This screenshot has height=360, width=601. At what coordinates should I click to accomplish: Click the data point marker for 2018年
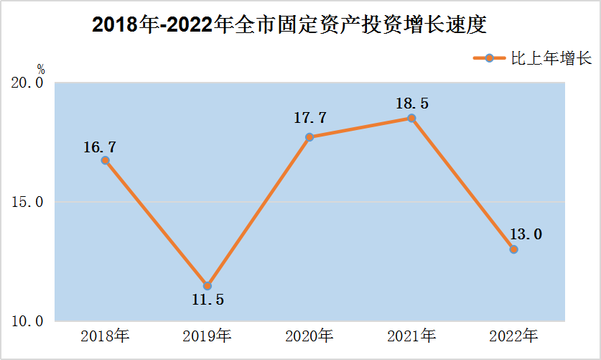click(105, 160)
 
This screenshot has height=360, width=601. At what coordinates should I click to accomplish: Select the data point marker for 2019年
click(208, 285)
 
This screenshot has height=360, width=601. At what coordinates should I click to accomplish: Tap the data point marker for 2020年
click(309, 137)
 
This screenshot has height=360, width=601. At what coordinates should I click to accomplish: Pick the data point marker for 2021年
click(411, 118)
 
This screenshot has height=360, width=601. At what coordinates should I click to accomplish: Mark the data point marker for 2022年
click(513, 249)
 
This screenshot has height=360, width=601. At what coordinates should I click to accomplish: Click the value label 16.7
click(100, 147)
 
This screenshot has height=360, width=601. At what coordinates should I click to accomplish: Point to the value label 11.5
click(208, 300)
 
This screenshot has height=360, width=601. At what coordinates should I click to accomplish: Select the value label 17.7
click(310, 117)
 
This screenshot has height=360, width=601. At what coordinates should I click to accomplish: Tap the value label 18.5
click(411, 103)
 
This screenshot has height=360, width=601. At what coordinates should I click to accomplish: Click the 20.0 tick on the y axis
click(28, 83)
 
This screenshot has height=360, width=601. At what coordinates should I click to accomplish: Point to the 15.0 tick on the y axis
click(28, 203)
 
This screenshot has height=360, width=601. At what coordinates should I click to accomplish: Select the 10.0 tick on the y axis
click(28, 321)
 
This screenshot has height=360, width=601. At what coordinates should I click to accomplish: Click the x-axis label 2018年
click(105, 336)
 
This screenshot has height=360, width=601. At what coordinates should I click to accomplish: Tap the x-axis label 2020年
click(309, 336)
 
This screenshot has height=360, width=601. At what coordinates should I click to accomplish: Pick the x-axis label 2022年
click(513, 336)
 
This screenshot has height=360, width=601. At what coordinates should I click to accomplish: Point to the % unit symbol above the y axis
click(41, 70)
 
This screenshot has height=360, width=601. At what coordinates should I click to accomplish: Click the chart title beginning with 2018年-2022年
click(289, 25)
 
